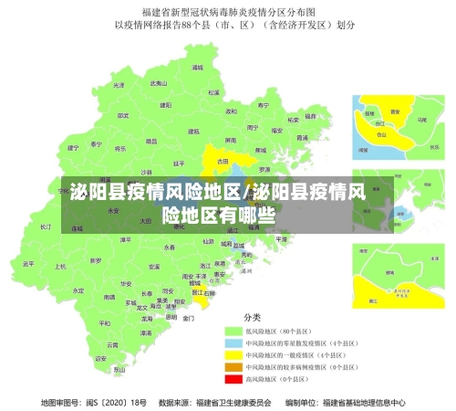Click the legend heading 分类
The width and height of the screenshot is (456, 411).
click(x=253, y=316)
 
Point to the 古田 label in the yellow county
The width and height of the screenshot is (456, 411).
click(x=223, y=161)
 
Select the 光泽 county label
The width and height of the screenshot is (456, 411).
click(x=119, y=84)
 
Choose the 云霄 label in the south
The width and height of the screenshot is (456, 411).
click(x=112, y=345)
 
